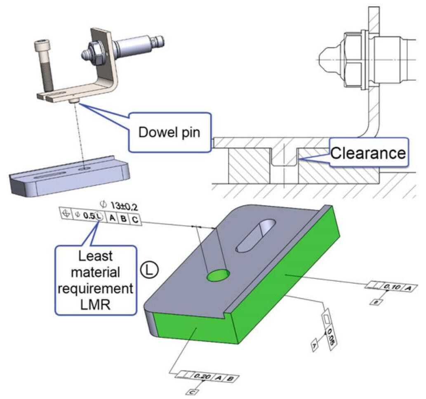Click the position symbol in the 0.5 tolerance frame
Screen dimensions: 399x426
pos(66,214)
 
